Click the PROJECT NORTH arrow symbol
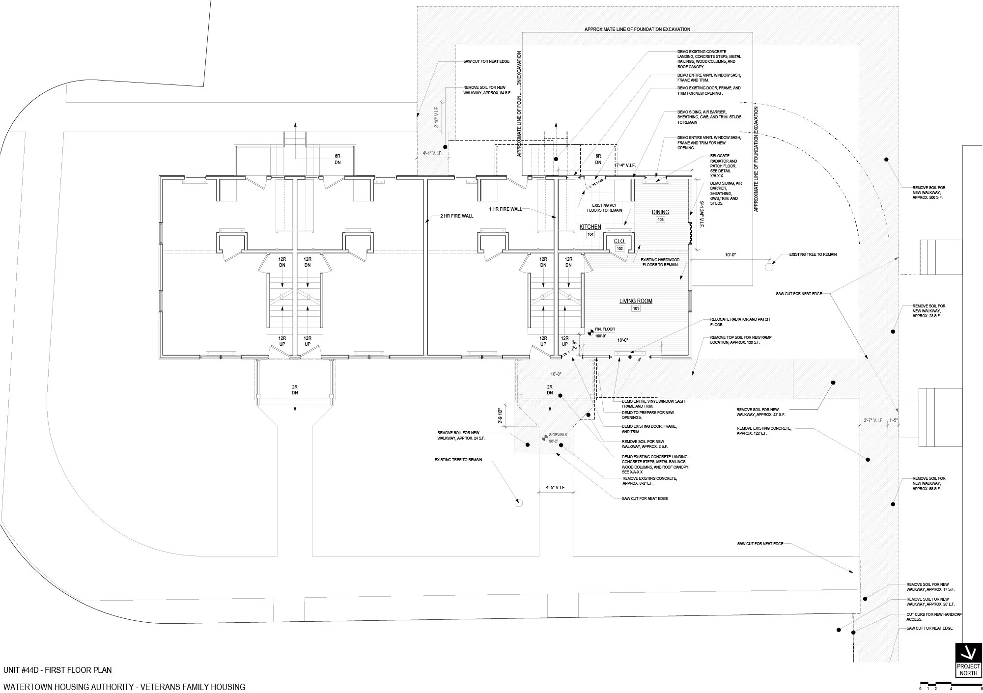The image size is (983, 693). click(967, 653)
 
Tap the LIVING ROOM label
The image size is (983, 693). click(636, 301)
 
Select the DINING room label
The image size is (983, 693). click(660, 212)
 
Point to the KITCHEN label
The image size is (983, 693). click(590, 227)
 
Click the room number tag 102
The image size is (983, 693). click(619, 249)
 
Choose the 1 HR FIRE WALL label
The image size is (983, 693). click(506, 209)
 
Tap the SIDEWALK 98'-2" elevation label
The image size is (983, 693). click(555, 438)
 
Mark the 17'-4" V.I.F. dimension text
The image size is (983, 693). click(625, 166)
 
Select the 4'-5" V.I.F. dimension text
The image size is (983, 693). click(556, 488)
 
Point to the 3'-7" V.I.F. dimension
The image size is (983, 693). click(873, 420)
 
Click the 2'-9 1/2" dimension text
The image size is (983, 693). click(501, 416)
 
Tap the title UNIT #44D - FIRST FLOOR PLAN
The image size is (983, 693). click(57, 670)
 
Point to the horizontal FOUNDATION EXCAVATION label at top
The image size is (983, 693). click(637, 29)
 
